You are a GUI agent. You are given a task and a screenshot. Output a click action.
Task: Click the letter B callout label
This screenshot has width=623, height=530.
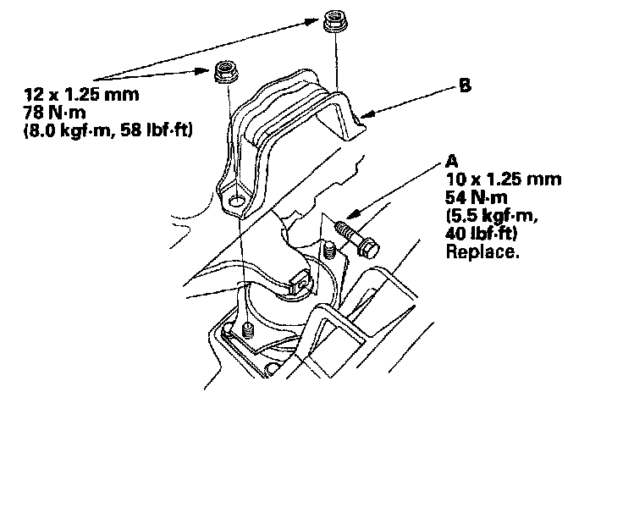coord(465,86)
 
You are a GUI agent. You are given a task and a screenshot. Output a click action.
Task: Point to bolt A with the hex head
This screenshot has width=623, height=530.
coord(357,237)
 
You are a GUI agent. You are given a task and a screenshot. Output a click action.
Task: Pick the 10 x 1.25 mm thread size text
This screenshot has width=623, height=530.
coord(502,180)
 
